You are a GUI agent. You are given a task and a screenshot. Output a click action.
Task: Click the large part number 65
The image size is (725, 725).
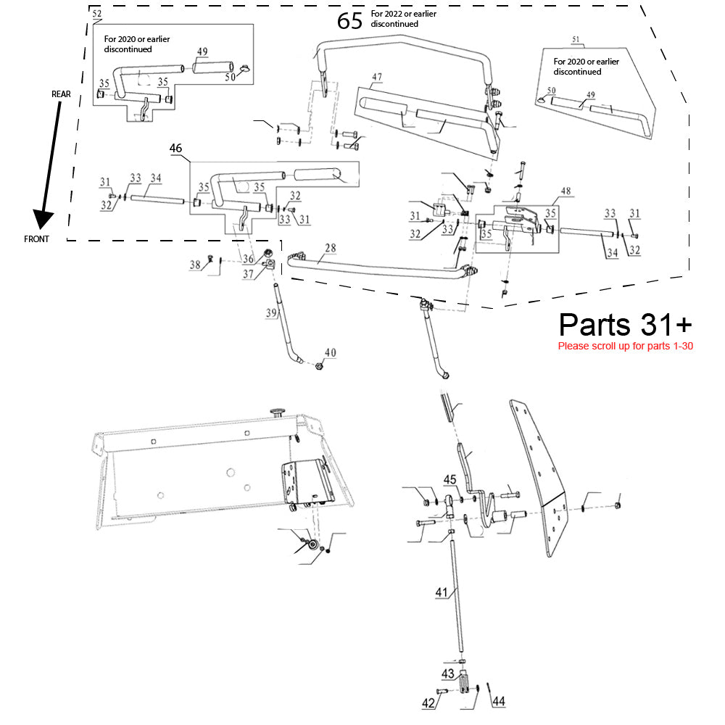tap(349, 21)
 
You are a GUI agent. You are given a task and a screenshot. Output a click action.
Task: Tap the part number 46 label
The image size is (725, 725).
tap(175, 148)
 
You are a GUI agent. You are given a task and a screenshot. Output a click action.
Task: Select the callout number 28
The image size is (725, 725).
tap(330, 249)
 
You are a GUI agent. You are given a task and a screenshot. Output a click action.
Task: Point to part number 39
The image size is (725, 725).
tap(271, 312)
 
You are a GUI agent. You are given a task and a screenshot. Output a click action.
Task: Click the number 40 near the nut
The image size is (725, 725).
tap(330, 353)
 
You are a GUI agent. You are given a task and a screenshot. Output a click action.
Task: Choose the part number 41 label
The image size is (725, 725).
tap(442, 592)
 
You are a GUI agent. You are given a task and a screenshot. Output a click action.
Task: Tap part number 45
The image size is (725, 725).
tap(449, 479)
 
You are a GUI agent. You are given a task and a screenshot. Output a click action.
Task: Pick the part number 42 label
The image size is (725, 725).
tap(428, 703)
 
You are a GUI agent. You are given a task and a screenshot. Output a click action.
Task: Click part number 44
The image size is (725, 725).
tap(498, 701)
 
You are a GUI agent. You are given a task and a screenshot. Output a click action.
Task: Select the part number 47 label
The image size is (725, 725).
tap(377, 77)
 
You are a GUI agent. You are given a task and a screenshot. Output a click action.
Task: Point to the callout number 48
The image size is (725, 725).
tap(565, 191)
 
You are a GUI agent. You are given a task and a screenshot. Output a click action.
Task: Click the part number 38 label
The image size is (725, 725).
tap(195, 265)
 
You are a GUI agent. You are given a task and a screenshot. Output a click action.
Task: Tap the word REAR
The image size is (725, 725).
tap(61, 95)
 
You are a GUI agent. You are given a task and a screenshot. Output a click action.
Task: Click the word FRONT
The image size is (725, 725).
tap(37, 239)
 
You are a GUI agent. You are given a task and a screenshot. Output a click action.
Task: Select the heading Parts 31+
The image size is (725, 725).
tap(625, 324)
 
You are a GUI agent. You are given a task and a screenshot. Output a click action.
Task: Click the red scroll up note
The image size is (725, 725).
tap(625, 346)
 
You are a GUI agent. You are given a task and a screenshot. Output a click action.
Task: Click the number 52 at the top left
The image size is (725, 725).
tap(97, 14)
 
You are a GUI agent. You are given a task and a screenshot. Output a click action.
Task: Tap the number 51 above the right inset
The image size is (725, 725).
tap(576, 38)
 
